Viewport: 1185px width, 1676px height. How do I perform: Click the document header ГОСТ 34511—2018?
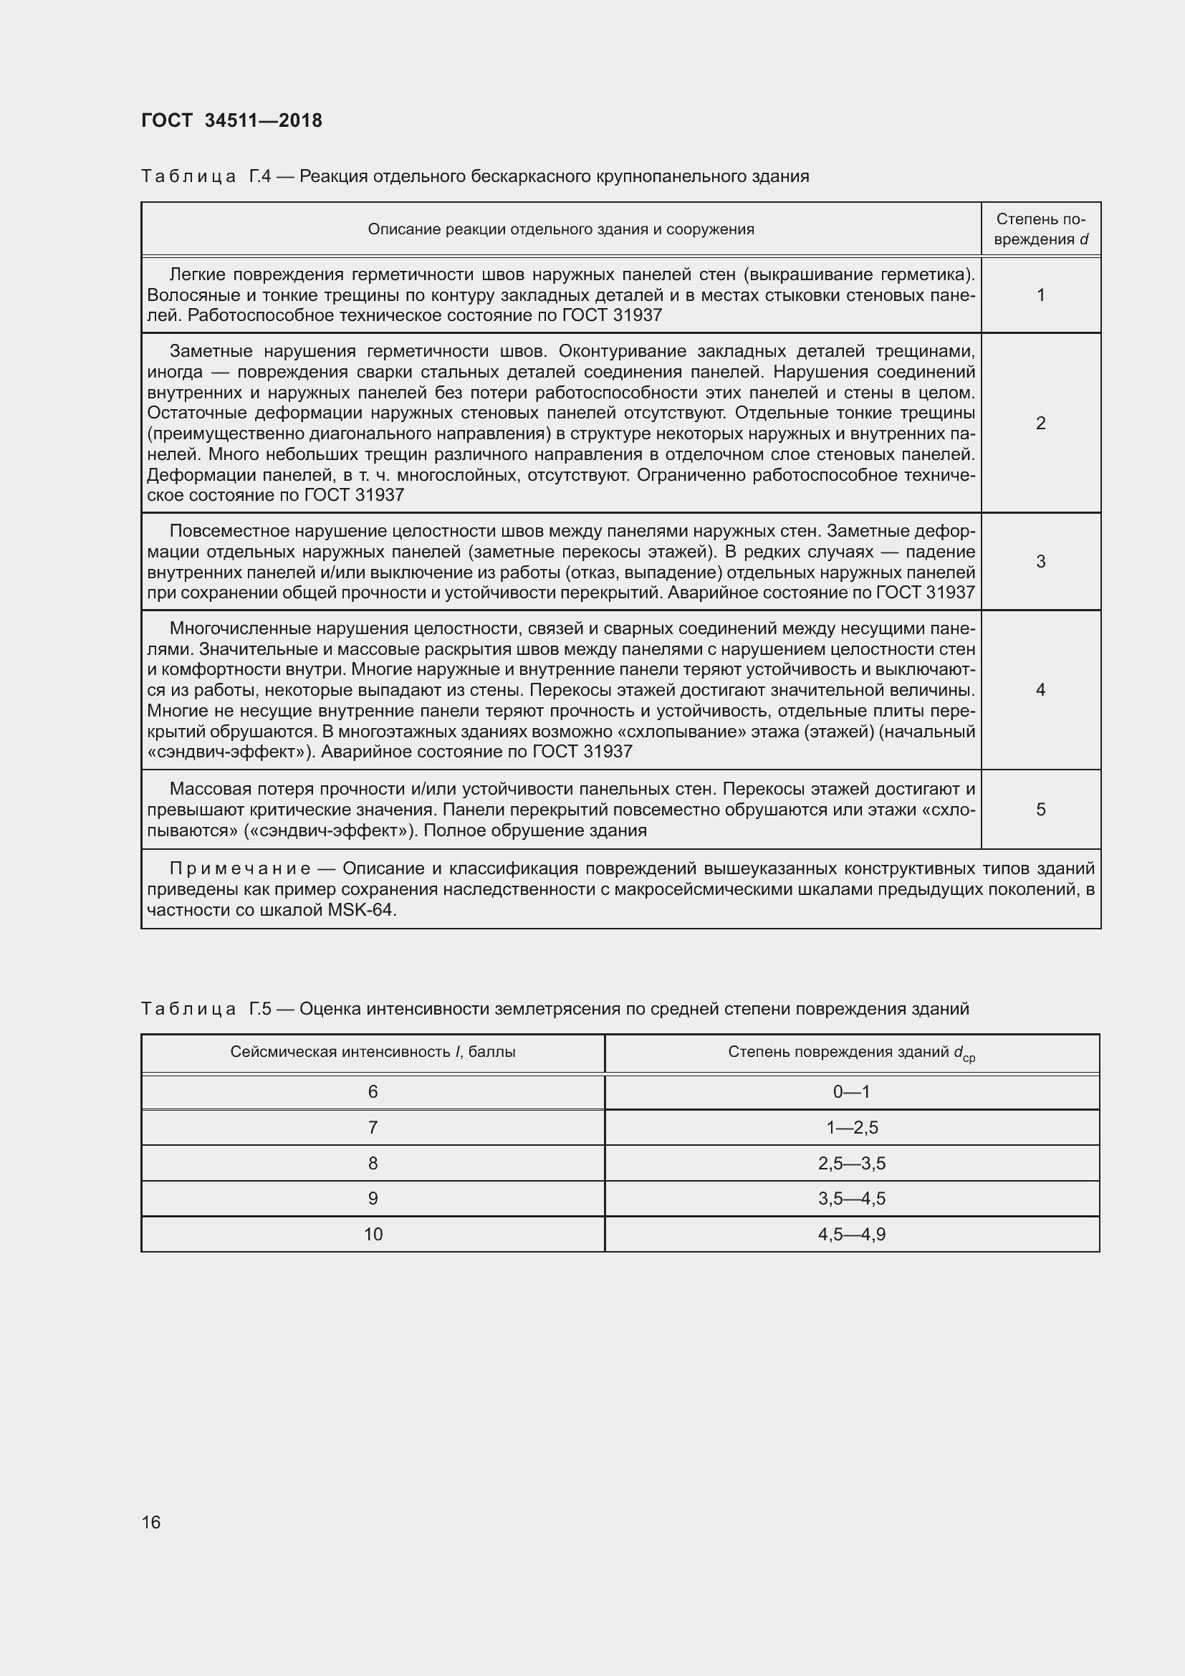(231, 120)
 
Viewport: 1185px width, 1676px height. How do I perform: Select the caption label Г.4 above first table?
(260, 176)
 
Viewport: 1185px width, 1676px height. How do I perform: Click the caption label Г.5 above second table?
(260, 1009)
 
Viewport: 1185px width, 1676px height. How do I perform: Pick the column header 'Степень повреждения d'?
(1040, 229)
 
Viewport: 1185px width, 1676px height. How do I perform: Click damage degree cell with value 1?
(1040, 295)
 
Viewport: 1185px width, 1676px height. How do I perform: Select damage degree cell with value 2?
(1040, 423)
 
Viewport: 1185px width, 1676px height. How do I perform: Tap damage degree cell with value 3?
(1040, 561)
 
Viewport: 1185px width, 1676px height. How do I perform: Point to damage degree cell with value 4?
(1040, 690)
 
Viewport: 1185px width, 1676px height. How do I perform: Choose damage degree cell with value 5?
(1040, 810)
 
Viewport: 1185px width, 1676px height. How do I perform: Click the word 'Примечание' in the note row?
(240, 868)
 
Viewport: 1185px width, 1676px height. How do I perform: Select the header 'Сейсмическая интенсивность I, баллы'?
(373, 1052)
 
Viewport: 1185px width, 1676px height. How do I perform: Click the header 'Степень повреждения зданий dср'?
(852, 1053)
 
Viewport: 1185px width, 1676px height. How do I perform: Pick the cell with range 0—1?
(852, 1092)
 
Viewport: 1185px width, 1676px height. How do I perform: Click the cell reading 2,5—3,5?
(852, 1164)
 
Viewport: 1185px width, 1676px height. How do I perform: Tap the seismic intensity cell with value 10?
(373, 1235)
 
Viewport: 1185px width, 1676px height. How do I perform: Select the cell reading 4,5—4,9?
(852, 1235)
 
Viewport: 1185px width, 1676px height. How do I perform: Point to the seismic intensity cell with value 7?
(373, 1128)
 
